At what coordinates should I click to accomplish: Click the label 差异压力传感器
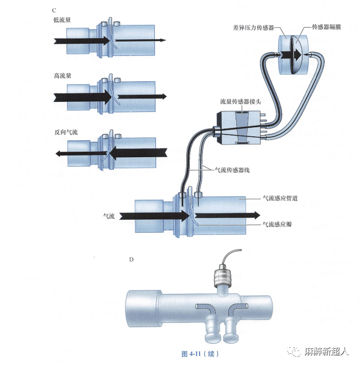254,26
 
